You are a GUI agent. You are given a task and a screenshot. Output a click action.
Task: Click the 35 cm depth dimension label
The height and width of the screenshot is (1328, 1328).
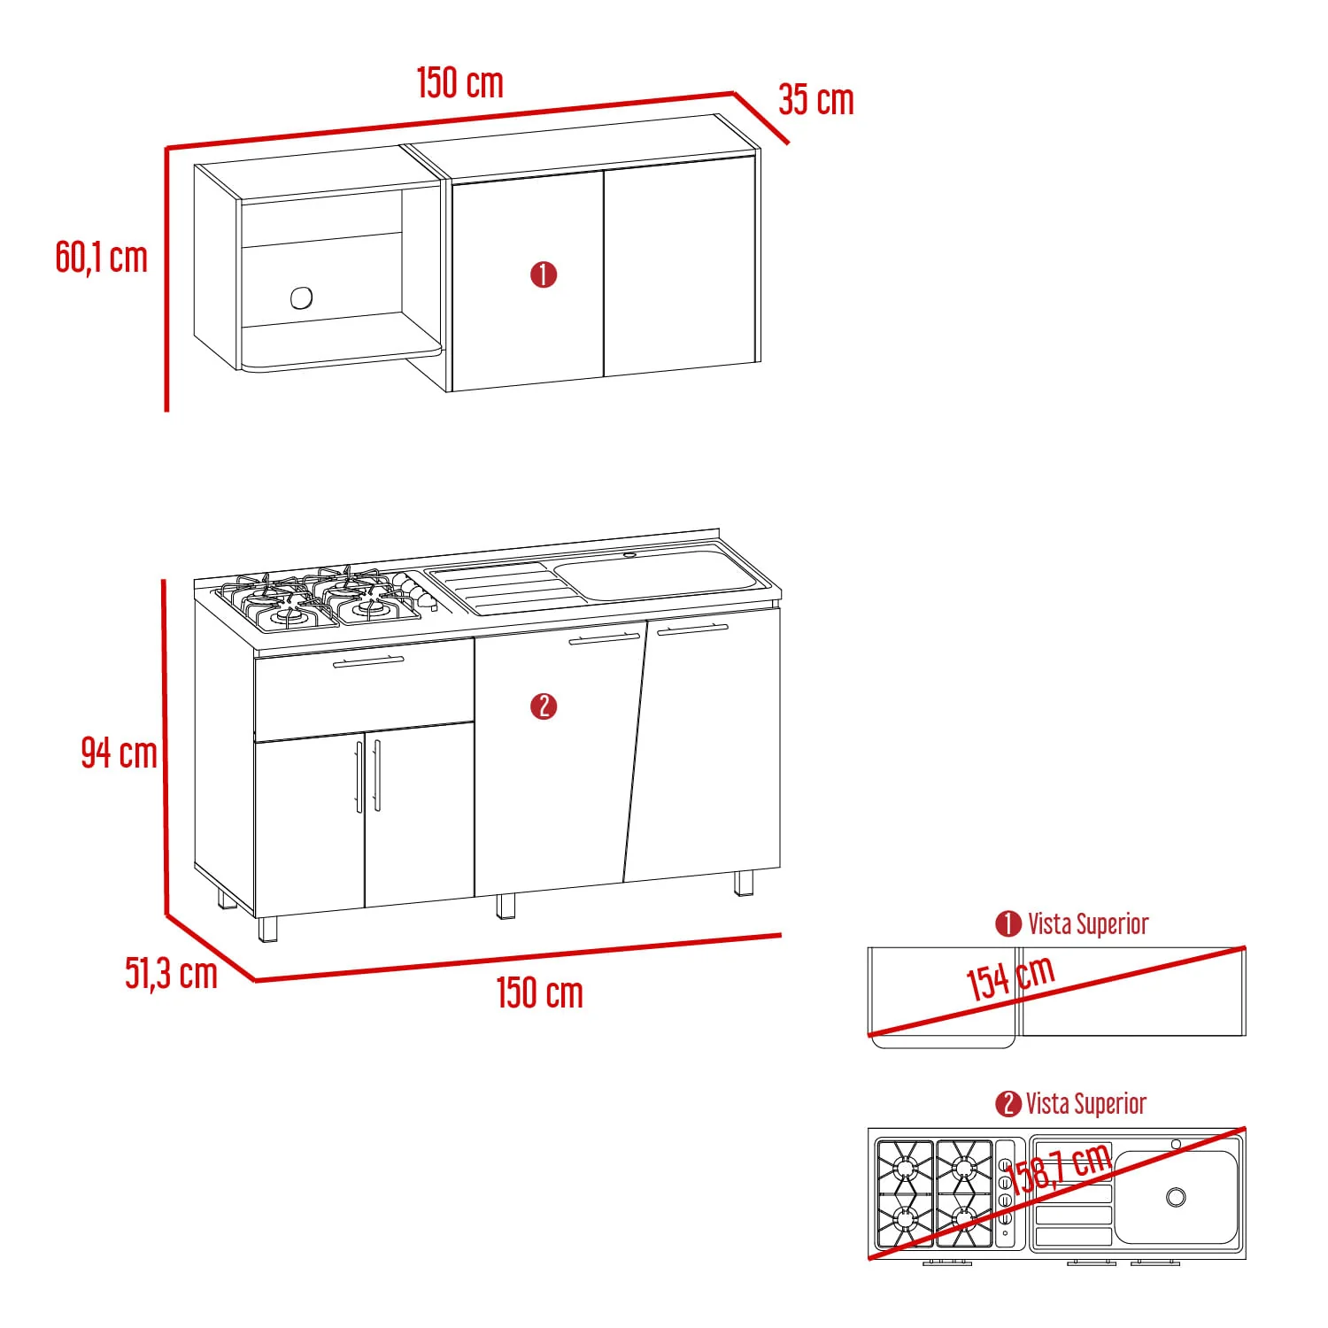pos(816,100)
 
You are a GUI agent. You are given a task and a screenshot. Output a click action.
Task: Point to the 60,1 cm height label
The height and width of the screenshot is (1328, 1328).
pos(101,258)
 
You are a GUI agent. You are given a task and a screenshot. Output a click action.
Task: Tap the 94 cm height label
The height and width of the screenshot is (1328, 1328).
pos(119,753)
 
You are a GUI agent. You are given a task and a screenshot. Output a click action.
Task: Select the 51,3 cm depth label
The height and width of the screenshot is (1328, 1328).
pos(171,973)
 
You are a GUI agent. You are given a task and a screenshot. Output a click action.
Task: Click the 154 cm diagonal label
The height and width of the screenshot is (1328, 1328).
pos(1010,977)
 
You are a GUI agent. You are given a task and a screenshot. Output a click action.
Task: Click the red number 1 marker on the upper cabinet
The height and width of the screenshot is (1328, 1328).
pos(544,274)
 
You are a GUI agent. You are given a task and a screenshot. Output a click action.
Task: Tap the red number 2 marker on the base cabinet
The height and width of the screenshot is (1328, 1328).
pos(544,706)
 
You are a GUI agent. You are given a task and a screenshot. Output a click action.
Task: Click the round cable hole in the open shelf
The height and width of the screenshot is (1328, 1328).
pos(301,298)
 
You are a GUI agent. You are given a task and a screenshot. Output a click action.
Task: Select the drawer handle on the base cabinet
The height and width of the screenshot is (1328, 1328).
pos(368,661)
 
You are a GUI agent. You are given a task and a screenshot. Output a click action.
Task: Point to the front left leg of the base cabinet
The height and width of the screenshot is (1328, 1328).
pos(267,929)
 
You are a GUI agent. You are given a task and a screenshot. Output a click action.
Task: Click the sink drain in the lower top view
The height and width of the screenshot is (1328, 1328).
pos(1176,1197)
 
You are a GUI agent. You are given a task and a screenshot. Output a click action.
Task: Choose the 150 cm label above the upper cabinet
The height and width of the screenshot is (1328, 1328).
pos(460,82)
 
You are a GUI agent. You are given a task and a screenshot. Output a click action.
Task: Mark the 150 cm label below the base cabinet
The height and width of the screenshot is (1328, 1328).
pos(540,992)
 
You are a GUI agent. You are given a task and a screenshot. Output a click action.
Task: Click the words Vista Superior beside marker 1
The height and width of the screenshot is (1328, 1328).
pos(1088,924)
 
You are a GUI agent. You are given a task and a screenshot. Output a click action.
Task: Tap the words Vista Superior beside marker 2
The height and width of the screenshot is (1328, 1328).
pos(1086,1104)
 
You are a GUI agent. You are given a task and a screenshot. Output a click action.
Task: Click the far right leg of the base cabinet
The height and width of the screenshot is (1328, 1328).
pos(744,884)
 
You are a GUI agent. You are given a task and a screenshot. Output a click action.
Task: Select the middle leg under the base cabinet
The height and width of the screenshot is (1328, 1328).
pos(506,907)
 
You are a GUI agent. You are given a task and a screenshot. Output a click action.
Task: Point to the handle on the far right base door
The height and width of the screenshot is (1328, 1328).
pos(692,629)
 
